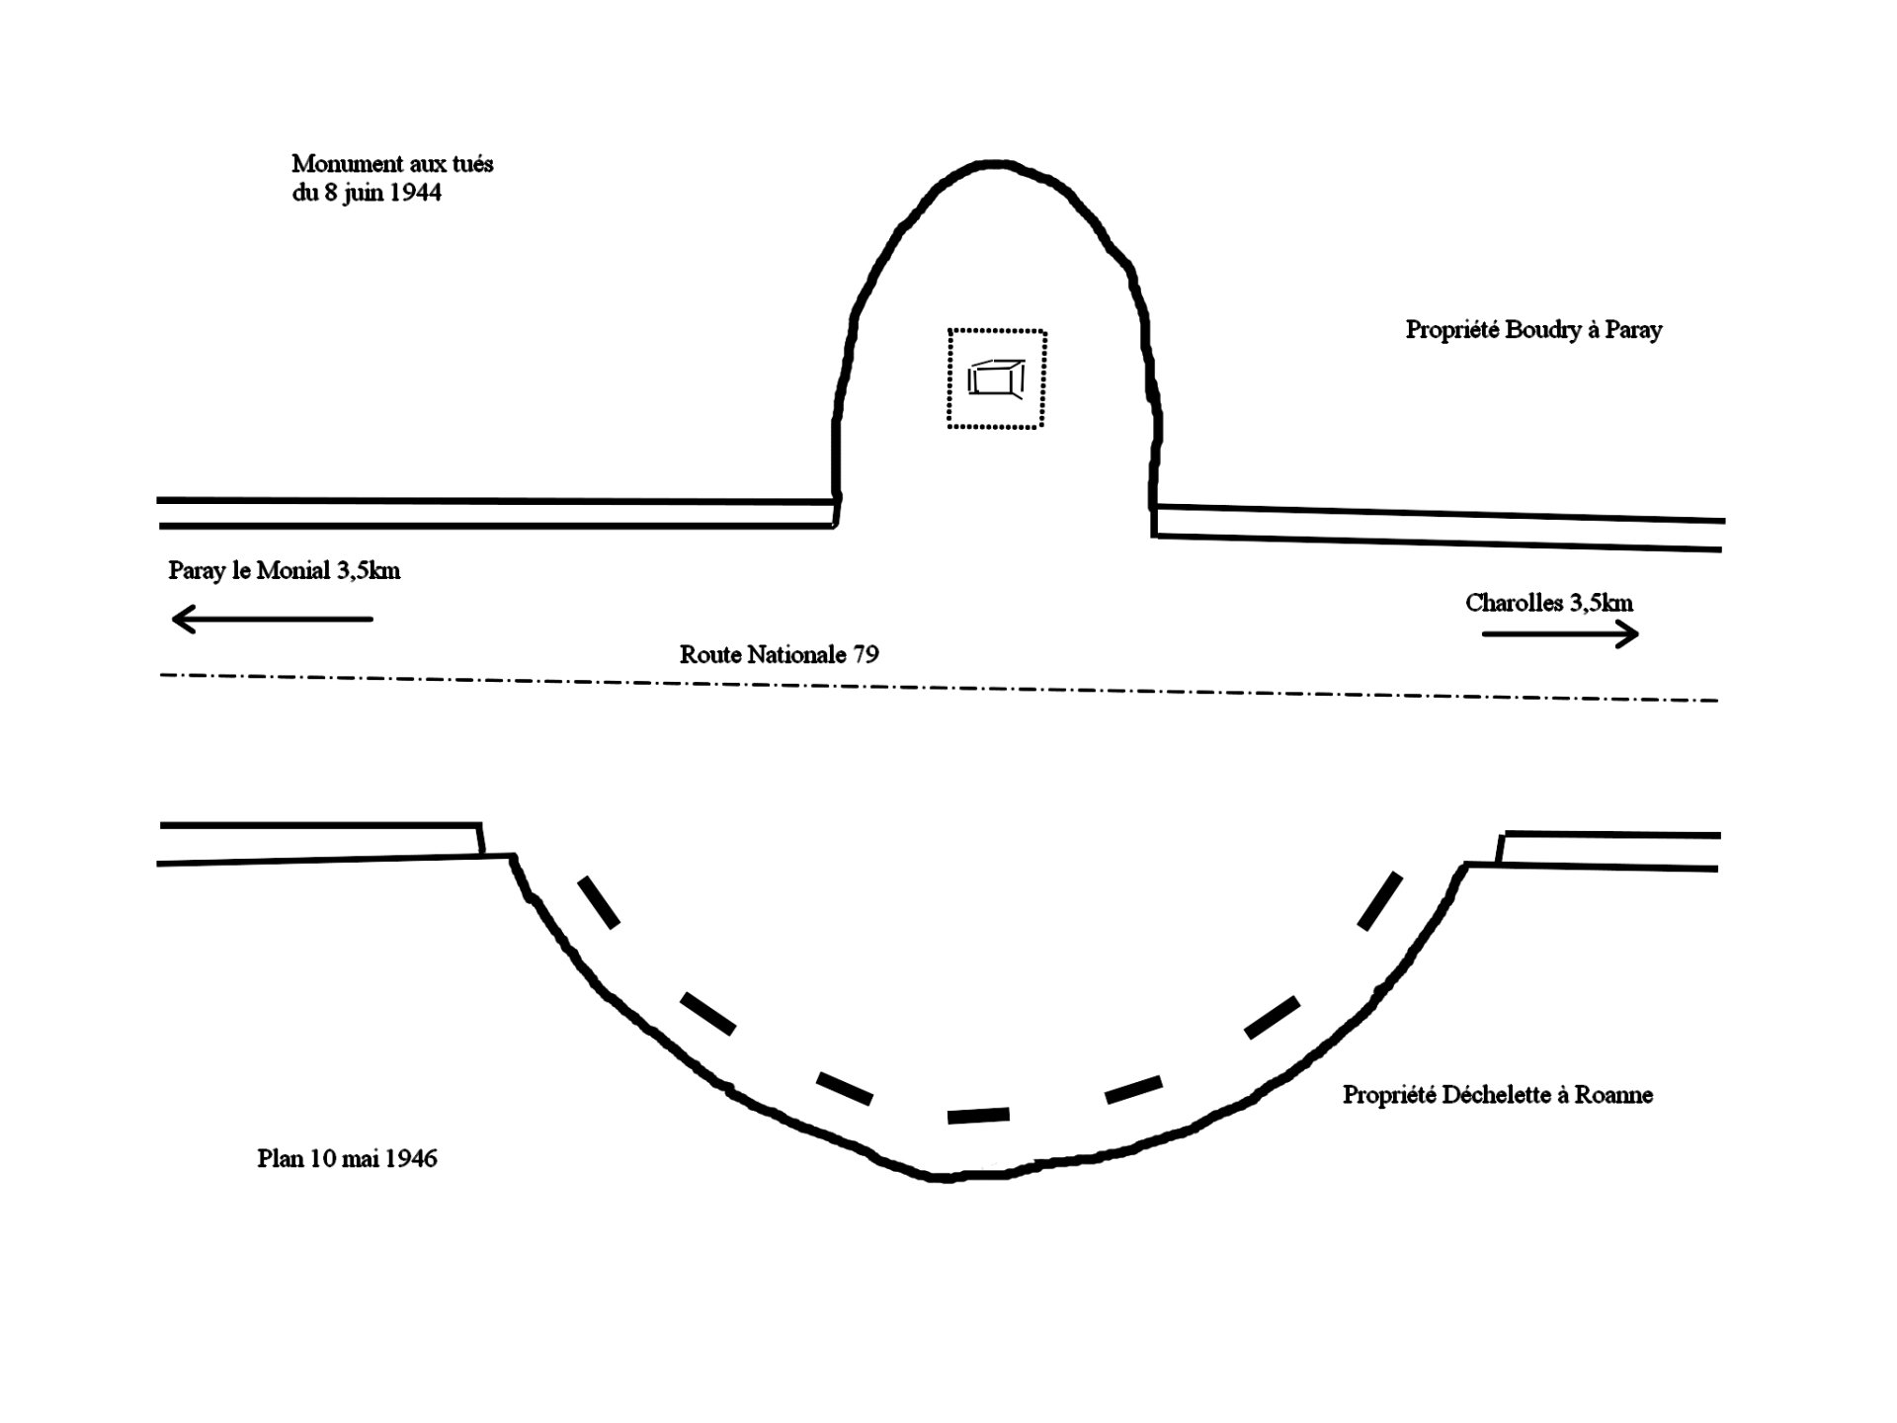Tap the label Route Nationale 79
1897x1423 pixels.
(779, 654)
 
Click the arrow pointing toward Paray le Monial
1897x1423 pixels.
(272, 620)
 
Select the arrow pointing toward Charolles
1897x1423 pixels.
(1560, 634)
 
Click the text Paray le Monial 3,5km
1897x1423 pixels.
(284, 570)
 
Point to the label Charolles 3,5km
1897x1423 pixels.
(1548, 603)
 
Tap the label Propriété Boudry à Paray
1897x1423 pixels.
(1533, 329)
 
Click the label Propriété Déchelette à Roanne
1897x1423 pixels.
(1497, 1094)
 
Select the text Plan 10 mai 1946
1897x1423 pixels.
(347, 1158)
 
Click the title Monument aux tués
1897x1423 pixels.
(392, 163)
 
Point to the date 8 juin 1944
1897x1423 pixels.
(381, 193)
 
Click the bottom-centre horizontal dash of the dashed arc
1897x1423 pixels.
(978, 1116)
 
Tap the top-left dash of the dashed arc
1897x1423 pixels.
(599, 901)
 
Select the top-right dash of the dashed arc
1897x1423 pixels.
(1380, 900)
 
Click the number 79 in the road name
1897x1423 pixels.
(866, 654)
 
